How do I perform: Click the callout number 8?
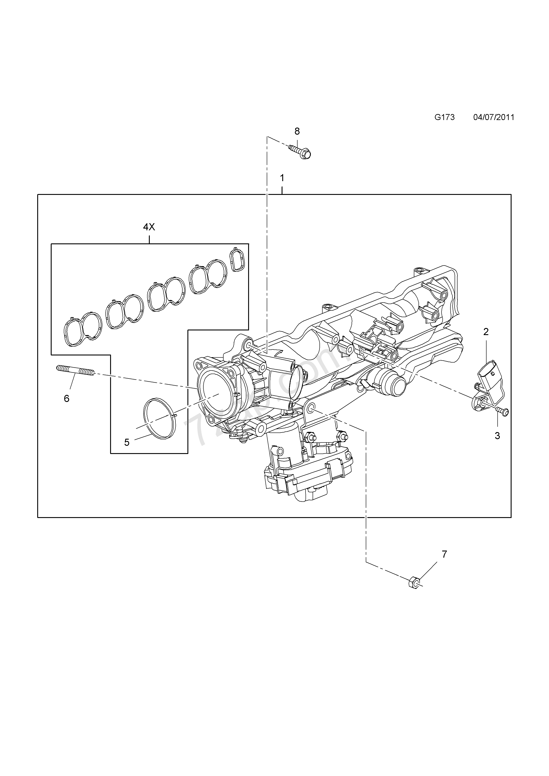tap(297, 131)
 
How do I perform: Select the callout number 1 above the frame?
tap(282, 178)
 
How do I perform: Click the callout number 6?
tap(67, 399)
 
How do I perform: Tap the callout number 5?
tap(127, 442)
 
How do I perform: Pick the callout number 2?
tap(486, 332)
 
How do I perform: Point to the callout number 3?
tap(497, 436)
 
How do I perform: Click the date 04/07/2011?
tap(494, 117)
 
